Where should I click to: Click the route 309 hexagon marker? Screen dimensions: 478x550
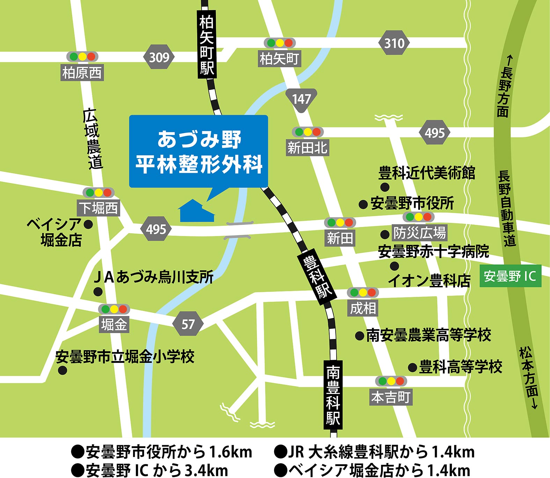point(159,57)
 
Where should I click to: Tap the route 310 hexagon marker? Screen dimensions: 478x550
point(394,43)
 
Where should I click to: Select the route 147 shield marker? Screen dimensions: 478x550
point(301,99)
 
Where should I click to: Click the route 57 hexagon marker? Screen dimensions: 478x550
point(188,324)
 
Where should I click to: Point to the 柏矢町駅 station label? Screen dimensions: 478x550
point(207,43)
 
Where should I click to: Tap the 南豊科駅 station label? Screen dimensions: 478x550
point(333,395)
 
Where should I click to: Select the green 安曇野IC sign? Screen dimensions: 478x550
point(510,276)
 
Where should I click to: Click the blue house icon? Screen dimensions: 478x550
point(196,211)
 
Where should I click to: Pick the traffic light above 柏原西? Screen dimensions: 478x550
point(82,56)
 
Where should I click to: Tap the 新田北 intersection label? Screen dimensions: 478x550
point(307,148)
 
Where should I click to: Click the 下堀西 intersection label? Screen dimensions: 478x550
point(98,208)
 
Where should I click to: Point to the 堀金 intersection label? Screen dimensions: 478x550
point(114,325)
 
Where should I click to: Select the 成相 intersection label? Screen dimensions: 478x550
point(363,308)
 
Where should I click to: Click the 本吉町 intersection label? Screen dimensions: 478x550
point(391,397)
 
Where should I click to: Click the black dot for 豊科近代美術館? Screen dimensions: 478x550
point(385,187)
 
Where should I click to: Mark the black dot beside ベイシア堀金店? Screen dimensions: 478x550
point(88,224)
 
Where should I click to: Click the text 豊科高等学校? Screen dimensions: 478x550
point(460,367)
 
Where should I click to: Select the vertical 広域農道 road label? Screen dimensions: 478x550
point(93,139)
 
